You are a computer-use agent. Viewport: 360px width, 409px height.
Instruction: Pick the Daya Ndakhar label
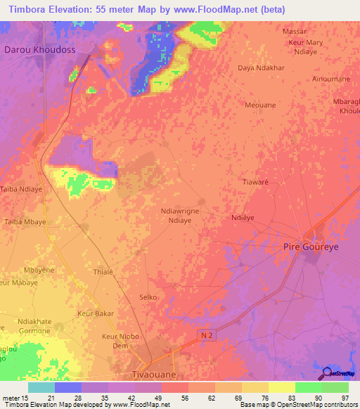tap(262, 67)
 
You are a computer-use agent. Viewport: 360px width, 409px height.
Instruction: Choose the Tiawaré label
tap(256, 181)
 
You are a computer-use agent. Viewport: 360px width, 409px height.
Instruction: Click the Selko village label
tap(148, 297)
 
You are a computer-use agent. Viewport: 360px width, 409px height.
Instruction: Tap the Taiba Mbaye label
tap(26, 221)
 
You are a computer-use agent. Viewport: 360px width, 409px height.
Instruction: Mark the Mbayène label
tap(39, 270)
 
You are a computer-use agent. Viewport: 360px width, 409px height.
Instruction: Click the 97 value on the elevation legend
tap(345, 397)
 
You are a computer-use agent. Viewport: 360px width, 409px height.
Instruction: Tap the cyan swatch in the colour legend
tap(41, 387)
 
